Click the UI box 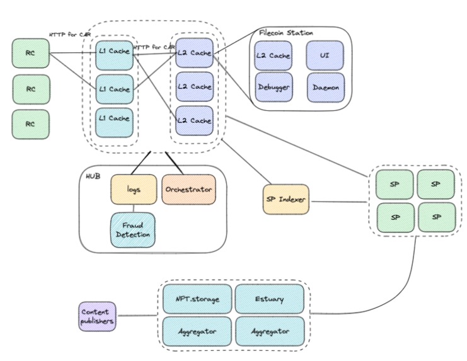coord(325,55)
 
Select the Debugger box coord(273,87)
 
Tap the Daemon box coord(325,87)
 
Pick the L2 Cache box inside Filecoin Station coord(273,55)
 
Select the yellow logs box coord(133,189)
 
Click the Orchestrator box coord(188,189)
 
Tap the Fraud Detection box coord(132,229)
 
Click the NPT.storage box coord(197,299)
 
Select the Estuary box coord(269,299)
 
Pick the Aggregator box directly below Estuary coord(269,330)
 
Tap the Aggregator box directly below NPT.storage coord(197,330)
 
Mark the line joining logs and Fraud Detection coord(133,208)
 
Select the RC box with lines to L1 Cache coord(30,54)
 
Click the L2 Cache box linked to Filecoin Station coord(193,53)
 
